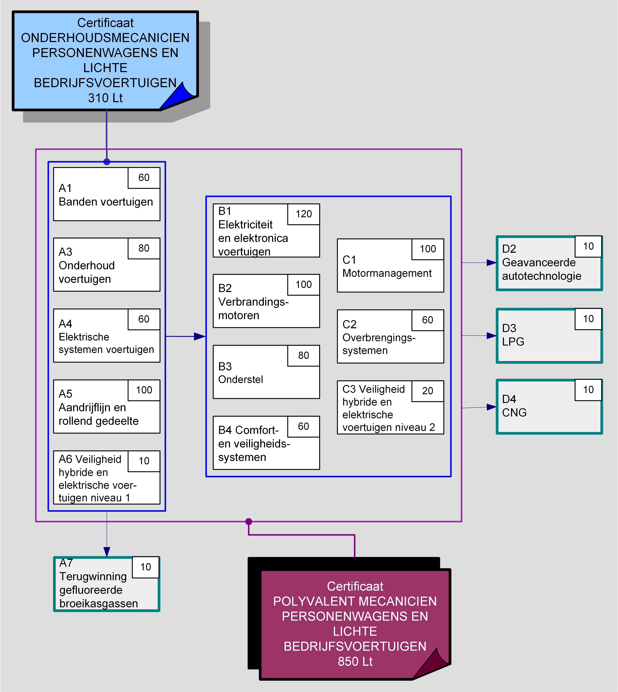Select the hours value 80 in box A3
pos(144,248)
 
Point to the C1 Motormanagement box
pos(390,272)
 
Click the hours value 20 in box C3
pos(427,391)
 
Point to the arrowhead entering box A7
pos(107,552)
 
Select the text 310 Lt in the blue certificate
pos(105,98)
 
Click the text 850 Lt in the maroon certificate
pos(355,662)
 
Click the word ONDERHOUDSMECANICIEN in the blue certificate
pos(105,38)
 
